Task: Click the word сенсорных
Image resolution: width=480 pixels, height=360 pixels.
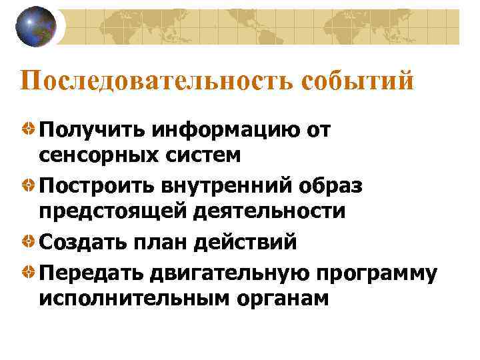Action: click(x=97, y=156)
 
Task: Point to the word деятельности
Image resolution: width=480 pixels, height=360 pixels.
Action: click(x=269, y=211)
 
